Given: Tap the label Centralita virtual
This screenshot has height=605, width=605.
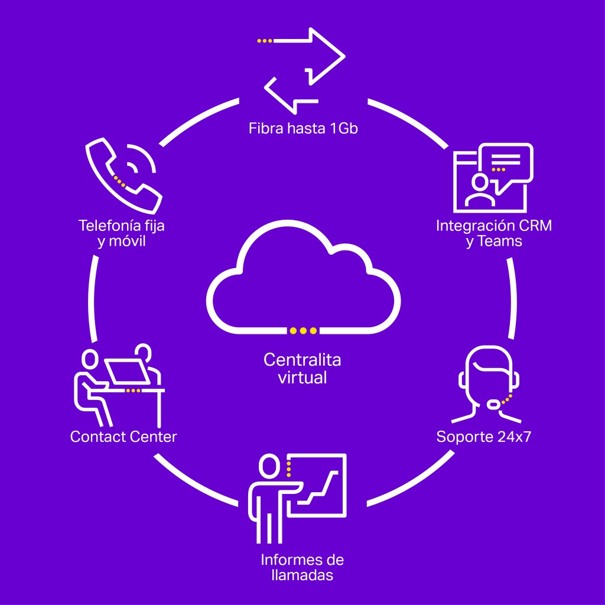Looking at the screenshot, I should pos(302,368).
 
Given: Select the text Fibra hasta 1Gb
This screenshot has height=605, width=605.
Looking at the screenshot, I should pos(302,128).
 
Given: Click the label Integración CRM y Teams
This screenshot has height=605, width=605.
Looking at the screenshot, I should pos(494,233).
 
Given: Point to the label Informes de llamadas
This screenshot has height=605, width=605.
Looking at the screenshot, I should pos(302,567).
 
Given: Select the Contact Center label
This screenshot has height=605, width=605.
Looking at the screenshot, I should pos(123,437).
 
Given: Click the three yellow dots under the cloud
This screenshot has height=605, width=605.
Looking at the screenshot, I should pos(303,330).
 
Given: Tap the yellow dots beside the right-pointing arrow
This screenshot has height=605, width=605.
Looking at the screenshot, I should pos(265,41).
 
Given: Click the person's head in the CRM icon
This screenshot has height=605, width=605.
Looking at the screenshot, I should pos(480,181).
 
